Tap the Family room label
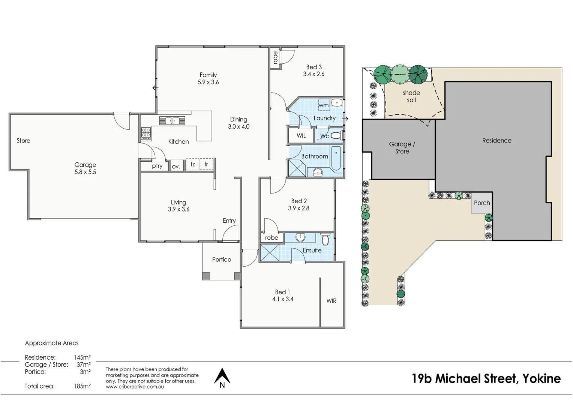point(208,75)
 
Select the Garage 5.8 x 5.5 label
point(85,168)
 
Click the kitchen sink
point(172,121)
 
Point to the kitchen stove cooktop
point(146,133)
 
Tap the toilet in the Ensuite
point(325,238)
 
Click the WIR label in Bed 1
point(331,301)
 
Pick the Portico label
point(221,259)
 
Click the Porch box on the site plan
point(482,203)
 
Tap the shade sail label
point(411,96)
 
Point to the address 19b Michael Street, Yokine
point(486,378)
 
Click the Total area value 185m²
point(82,386)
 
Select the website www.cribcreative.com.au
point(135,387)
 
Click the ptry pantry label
point(157,166)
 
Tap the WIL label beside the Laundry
point(301,136)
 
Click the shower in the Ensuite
point(270,253)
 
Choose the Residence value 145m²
point(82,357)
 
